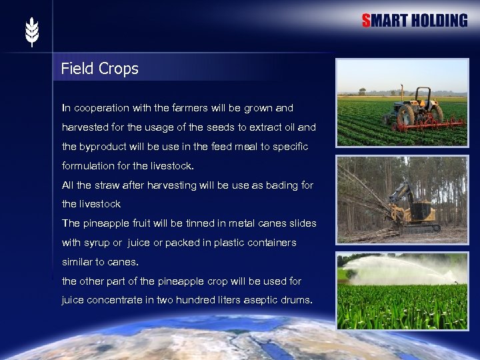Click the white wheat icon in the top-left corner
[x=32, y=32]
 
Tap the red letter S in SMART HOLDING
[x=366, y=21]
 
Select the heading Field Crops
[x=99, y=69]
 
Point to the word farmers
[x=209, y=107]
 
